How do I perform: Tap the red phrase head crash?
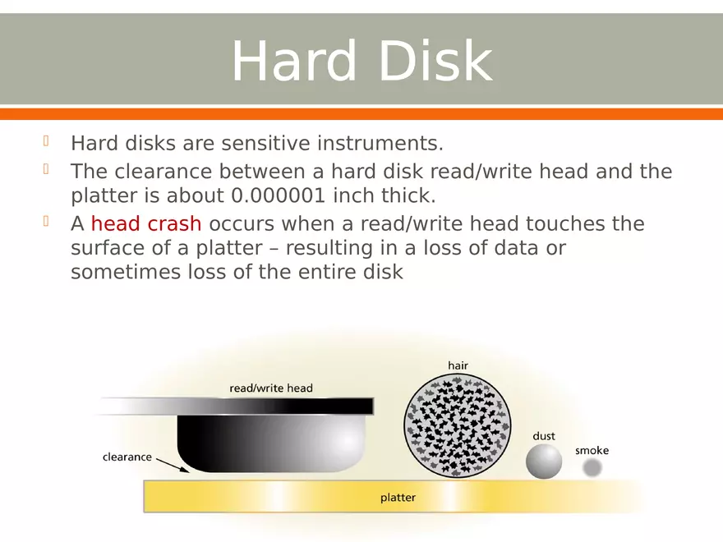pyautogui.click(x=145, y=224)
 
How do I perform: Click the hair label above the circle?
pyautogui.click(x=458, y=365)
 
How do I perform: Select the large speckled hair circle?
pyautogui.click(x=458, y=425)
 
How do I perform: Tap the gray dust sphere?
pyautogui.click(x=544, y=462)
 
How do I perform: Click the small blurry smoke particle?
pyautogui.click(x=592, y=467)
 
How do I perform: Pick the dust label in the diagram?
pyautogui.click(x=544, y=436)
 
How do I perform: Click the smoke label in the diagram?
pyautogui.click(x=592, y=451)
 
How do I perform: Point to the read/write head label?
pyautogui.click(x=270, y=388)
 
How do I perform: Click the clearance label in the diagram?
pyautogui.click(x=127, y=457)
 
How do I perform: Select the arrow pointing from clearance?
pyautogui.click(x=171, y=466)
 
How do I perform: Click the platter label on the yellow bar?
pyautogui.click(x=398, y=498)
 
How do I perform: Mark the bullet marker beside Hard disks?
pyautogui.click(x=47, y=142)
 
